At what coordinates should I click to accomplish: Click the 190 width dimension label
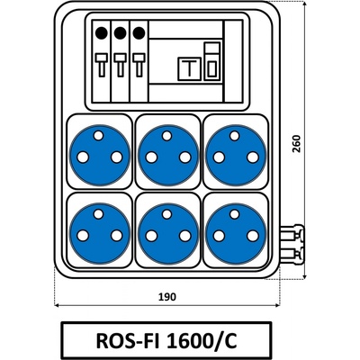(x=167, y=297)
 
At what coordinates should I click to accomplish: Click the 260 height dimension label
(x=296, y=144)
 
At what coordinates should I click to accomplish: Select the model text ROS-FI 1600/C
(x=166, y=340)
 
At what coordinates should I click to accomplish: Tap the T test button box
(x=189, y=68)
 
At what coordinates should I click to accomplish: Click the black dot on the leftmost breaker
(x=102, y=32)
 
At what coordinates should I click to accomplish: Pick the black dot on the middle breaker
(x=120, y=32)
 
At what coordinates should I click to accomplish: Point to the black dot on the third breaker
(x=139, y=32)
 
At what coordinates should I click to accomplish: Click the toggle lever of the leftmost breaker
(x=102, y=65)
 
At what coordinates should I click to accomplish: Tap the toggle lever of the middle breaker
(x=120, y=65)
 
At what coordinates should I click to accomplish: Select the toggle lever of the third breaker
(x=139, y=65)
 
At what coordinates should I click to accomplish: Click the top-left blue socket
(x=100, y=155)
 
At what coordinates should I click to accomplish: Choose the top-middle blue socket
(x=168, y=155)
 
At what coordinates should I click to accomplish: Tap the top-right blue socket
(x=236, y=155)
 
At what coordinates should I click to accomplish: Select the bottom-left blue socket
(x=100, y=233)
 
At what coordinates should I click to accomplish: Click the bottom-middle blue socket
(x=168, y=233)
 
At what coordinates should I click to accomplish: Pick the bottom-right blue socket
(x=236, y=233)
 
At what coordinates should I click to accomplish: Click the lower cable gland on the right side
(x=292, y=255)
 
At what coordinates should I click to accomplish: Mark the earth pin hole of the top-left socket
(x=98, y=136)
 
